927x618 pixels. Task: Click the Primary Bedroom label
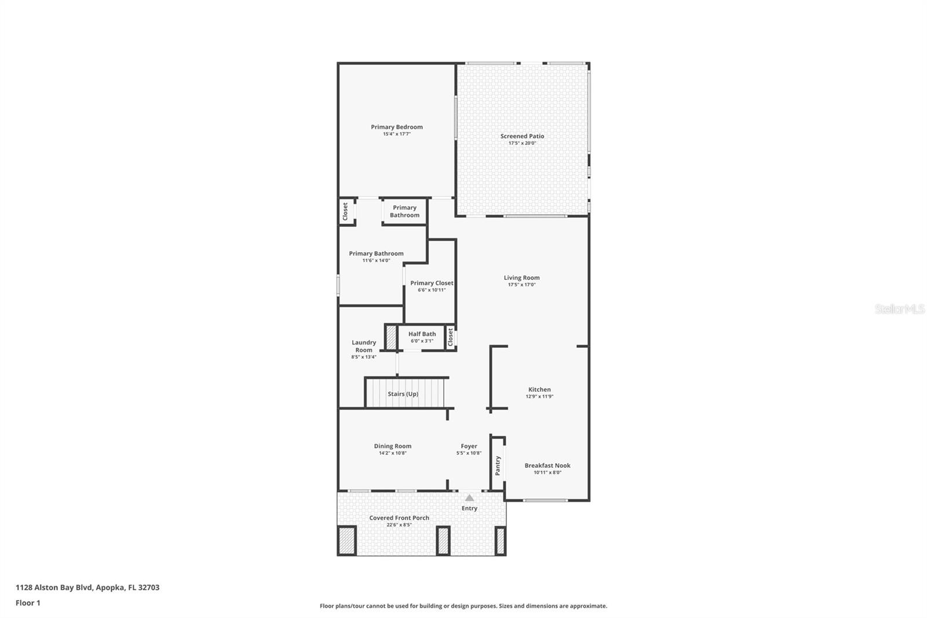click(x=397, y=127)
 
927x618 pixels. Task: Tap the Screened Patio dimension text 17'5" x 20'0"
click(x=522, y=143)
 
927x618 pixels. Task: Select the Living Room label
click(x=521, y=278)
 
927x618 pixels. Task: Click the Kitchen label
click(x=539, y=390)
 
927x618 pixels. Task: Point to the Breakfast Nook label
click(x=548, y=466)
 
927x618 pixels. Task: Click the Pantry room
click(x=498, y=465)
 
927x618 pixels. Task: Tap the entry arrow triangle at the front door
click(x=469, y=498)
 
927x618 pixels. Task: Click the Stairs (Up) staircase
click(x=406, y=394)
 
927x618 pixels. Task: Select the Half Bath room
click(x=421, y=337)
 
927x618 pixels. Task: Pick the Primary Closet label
click(x=432, y=283)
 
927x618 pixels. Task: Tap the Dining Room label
click(x=392, y=446)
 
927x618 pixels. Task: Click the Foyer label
click(x=469, y=446)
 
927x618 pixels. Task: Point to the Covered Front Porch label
click(x=399, y=518)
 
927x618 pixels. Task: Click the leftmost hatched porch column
click(x=347, y=540)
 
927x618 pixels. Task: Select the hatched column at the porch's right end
click(x=500, y=540)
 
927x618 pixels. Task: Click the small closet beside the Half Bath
click(x=450, y=337)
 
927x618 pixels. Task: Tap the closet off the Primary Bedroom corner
click(x=346, y=212)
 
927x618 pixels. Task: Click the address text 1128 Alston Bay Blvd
click(x=87, y=587)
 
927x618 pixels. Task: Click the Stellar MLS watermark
click(x=899, y=310)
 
